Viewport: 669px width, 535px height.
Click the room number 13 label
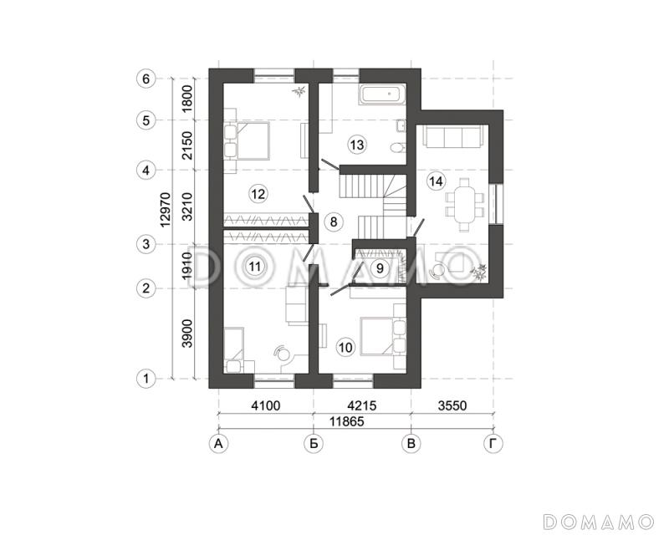[x=357, y=145]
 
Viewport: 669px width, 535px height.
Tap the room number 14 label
[x=436, y=181]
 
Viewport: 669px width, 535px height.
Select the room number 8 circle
[x=333, y=222]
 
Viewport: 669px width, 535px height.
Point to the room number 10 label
[x=345, y=347]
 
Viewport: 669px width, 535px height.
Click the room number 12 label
[x=258, y=194]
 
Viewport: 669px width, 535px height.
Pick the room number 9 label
[x=380, y=268]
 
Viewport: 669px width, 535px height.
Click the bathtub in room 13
[x=381, y=94]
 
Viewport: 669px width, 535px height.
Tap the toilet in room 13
[x=396, y=148]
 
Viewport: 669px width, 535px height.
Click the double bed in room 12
[x=247, y=140]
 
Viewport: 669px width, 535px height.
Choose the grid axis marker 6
[x=146, y=79]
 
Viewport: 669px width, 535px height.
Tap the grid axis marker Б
[x=314, y=444]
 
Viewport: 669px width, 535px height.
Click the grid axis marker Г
[x=493, y=444]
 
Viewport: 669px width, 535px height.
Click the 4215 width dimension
[x=362, y=405]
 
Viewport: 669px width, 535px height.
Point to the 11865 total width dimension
[x=347, y=421]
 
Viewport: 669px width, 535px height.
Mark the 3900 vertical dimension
[x=187, y=334]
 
